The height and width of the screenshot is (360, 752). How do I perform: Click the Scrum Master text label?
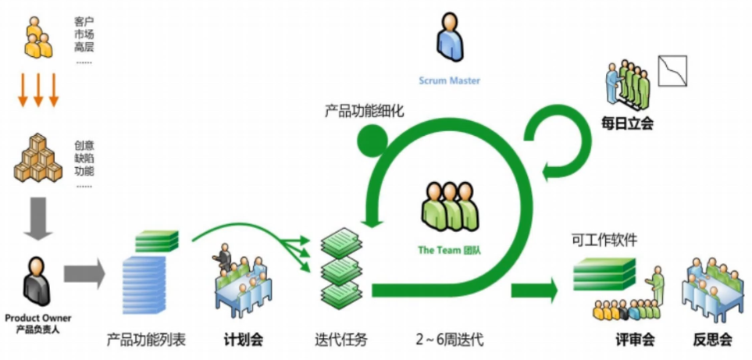[449, 80]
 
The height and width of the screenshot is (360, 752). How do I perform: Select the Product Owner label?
[38, 318]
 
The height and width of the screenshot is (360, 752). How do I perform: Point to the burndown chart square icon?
[672, 71]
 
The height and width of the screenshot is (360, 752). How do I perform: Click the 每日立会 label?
[627, 124]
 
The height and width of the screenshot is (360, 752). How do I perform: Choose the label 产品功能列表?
[146, 340]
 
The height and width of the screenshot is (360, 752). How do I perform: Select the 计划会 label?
[243, 340]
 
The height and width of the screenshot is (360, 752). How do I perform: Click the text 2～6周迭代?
[450, 340]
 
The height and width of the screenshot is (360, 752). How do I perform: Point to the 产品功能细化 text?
[365, 112]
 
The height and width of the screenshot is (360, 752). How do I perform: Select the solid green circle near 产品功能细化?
[372, 141]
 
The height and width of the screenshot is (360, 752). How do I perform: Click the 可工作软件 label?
[604, 240]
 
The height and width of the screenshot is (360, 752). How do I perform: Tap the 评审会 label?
[635, 340]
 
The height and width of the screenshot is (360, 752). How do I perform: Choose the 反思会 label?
[712, 340]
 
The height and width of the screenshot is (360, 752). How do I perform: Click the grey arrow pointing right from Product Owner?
[84, 274]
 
